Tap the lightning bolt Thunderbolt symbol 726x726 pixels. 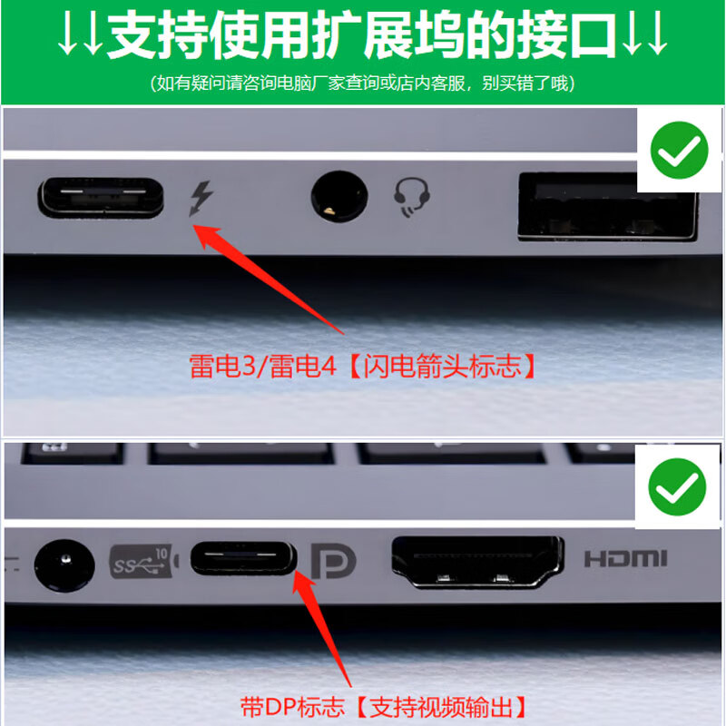[201, 198]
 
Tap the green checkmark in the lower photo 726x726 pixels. [676, 487]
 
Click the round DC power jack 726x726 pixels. [64, 564]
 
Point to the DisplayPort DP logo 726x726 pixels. [335, 562]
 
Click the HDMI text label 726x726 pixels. [625, 558]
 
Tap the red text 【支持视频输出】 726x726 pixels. [438, 705]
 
